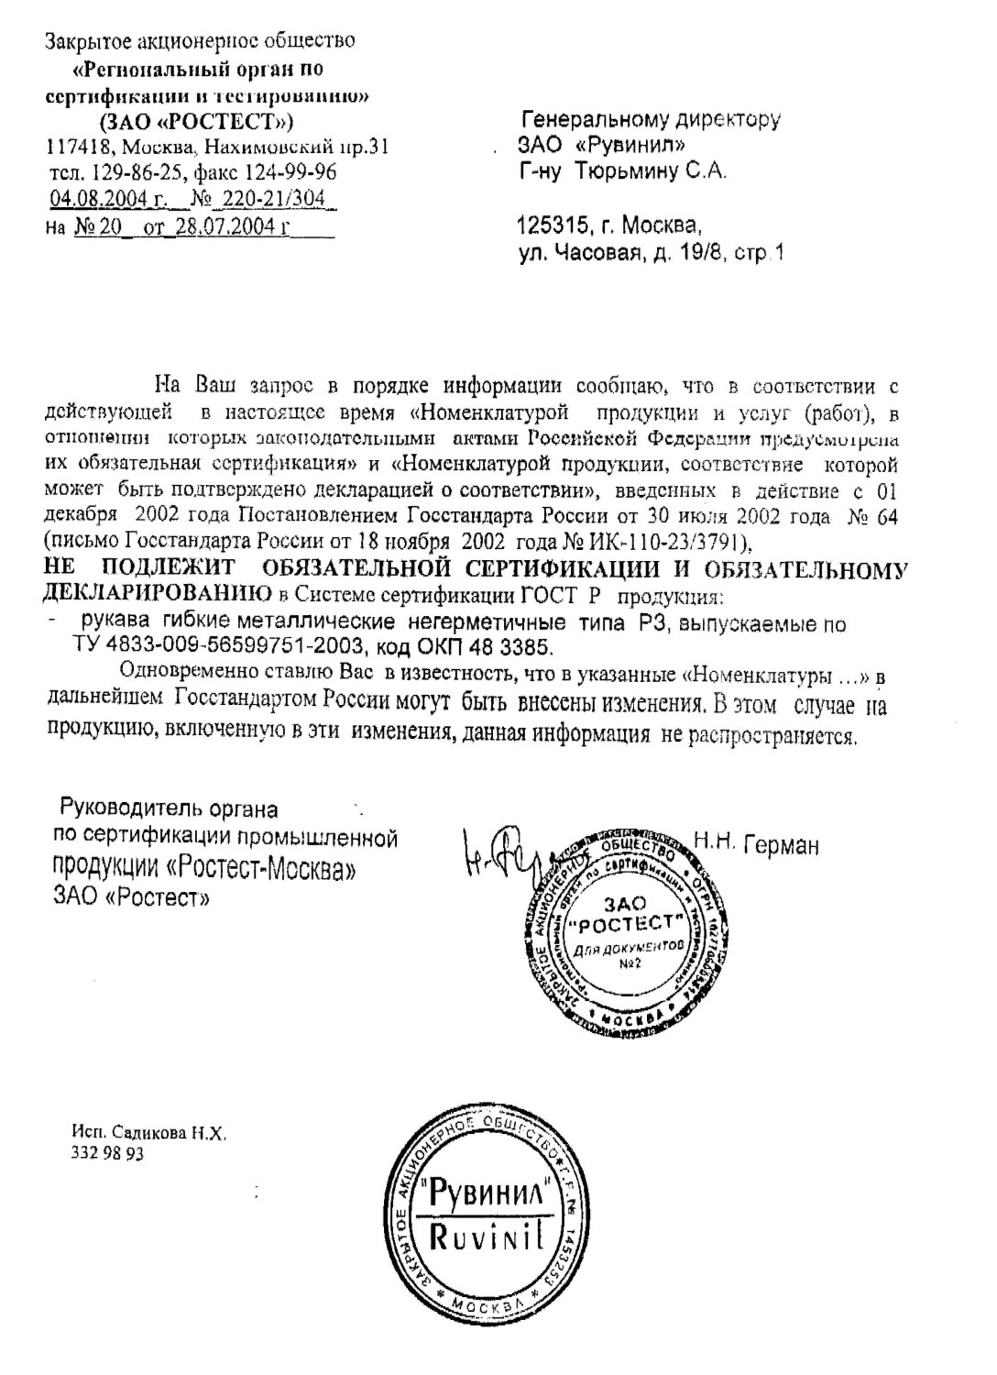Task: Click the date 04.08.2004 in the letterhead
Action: coord(102,198)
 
